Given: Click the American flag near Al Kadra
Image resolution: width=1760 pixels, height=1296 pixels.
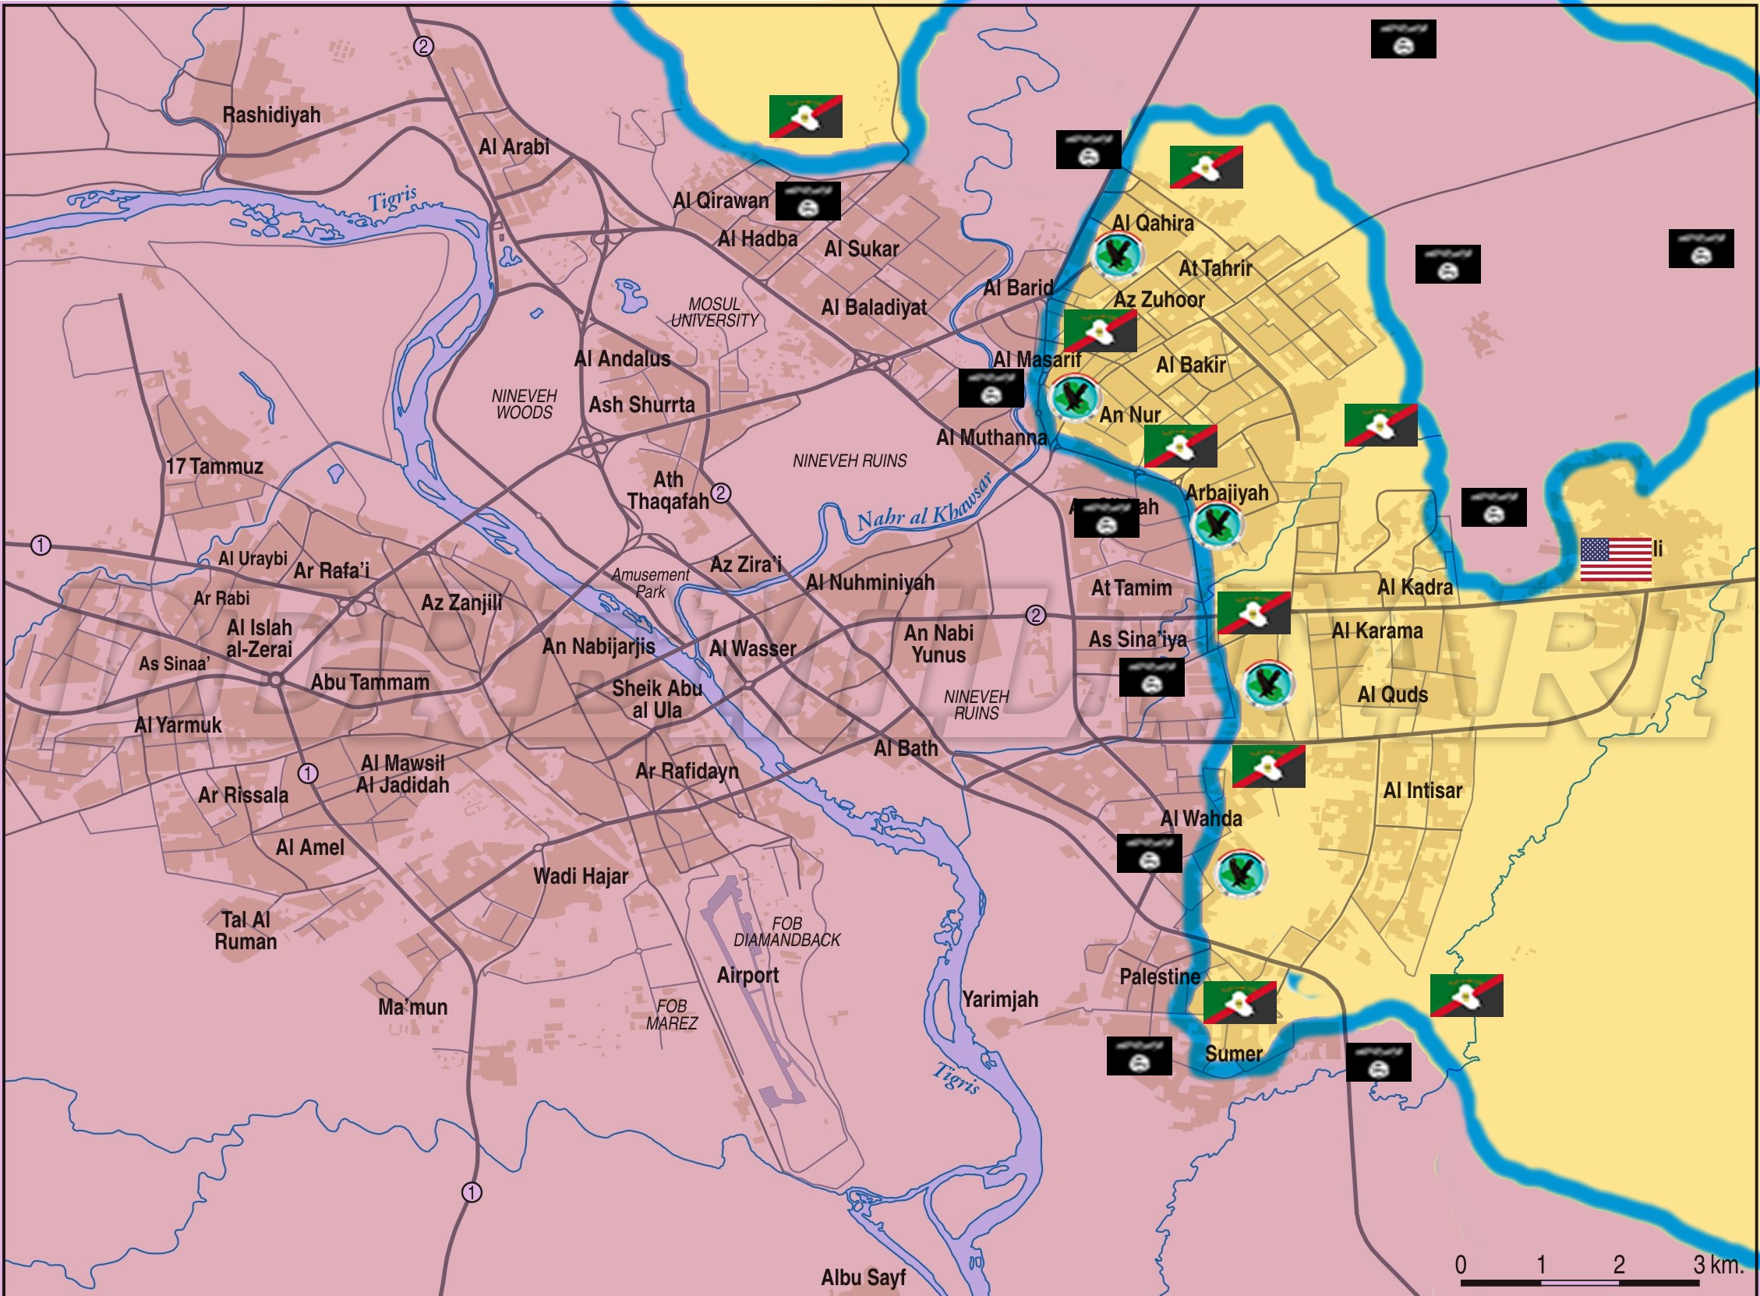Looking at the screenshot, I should pos(1615,560).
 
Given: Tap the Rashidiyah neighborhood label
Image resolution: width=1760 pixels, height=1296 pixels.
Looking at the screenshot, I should pos(271,115).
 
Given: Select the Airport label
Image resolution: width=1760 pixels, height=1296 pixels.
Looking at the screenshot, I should pos(747,975).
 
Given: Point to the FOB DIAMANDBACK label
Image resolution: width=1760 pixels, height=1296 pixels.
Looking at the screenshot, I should pos(786,932).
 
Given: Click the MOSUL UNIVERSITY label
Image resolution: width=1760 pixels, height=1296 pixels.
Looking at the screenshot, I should pos(714,313).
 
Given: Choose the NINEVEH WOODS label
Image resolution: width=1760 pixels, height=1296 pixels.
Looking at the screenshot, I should pos(524,404).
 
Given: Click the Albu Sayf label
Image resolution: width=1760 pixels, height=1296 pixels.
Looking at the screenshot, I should pos(863,1277).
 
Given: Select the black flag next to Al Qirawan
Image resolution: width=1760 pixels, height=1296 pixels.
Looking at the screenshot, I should pos(808,202).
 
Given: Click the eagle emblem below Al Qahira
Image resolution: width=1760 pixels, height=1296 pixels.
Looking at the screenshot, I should pos(1117,255).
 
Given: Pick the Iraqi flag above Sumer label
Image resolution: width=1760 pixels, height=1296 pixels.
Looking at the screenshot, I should pos(1239,1003).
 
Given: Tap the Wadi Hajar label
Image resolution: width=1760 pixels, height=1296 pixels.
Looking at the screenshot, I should pos(581,876).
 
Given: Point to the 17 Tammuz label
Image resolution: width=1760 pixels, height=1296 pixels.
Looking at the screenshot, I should pos(214,467).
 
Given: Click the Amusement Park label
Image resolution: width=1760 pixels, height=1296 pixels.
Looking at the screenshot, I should pos(651,583).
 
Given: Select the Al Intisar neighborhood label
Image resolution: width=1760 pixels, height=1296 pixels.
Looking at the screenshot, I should pos(1422,791).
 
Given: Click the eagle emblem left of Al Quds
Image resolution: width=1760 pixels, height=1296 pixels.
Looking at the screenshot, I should pos(1268,683).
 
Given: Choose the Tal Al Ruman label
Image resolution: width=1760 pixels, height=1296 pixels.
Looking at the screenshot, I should pos(246,931).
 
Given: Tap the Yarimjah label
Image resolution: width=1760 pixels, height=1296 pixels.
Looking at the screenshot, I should pos(1000,999).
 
